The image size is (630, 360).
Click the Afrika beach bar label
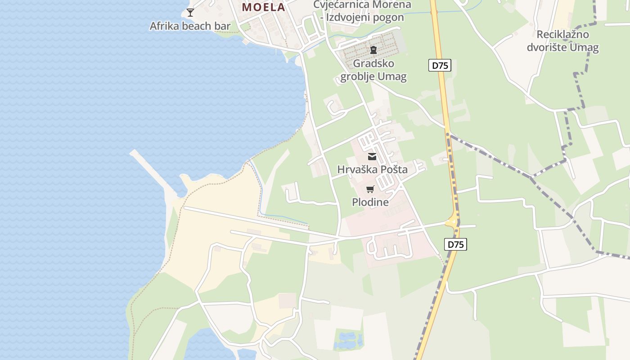click(190, 26)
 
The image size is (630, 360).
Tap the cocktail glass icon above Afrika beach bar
click(190, 12)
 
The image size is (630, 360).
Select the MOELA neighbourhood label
click(264, 7)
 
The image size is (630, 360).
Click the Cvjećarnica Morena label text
click(362, 4)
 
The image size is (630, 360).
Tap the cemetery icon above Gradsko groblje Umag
click(373, 49)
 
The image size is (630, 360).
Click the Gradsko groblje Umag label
click(373, 70)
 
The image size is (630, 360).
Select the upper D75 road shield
click(440, 66)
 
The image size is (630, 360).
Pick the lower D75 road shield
click(456, 244)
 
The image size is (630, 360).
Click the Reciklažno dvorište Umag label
click(562, 41)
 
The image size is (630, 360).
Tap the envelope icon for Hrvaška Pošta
click(372, 157)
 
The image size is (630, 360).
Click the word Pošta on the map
click(392, 170)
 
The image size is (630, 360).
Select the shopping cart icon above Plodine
click(370, 189)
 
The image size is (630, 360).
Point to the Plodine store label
click(370, 202)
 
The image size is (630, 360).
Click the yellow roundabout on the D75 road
click(451, 222)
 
